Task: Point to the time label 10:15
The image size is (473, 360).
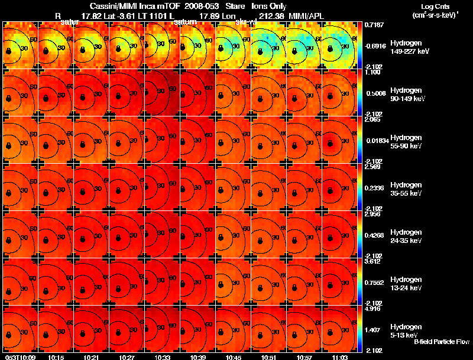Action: click(56, 357)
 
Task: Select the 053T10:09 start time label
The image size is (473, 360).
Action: click(19, 357)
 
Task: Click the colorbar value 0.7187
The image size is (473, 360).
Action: click(375, 25)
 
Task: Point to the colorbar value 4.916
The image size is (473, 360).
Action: click(375, 309)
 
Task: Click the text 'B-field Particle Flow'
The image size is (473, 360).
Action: click(441, 342)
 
